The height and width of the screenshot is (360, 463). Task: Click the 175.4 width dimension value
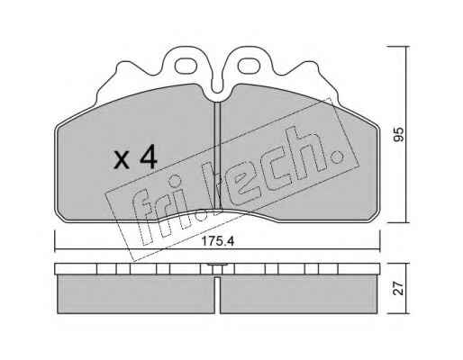point(218,241)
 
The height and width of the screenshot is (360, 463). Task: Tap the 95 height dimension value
point(399,134)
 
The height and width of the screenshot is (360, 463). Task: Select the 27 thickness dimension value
point(399,289)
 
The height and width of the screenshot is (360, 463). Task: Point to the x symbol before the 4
point(122,159)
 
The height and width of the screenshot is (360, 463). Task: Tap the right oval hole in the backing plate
point(249,66)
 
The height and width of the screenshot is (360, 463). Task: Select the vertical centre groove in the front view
point(217,156)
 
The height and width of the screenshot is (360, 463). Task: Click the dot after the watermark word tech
point(338,156)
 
